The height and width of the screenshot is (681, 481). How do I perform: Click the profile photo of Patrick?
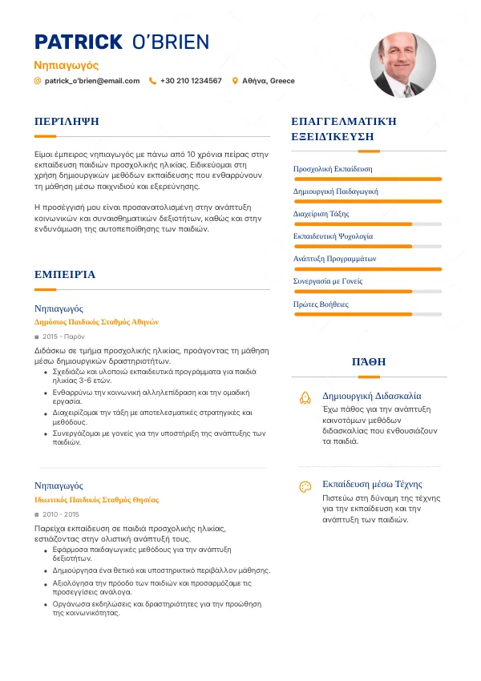[402, 65]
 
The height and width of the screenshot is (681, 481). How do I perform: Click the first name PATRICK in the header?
[78, 42]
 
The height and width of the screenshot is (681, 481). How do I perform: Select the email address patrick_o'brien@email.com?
[92, 81]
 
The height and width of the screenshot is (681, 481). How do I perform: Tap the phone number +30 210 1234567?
[191, 81]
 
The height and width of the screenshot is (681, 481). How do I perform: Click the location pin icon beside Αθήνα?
[235, 81]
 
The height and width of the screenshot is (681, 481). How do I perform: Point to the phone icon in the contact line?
[152, 81]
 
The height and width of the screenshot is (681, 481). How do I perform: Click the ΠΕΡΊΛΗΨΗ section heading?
[67, 122]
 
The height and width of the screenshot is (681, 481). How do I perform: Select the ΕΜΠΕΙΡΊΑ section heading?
[65, 275]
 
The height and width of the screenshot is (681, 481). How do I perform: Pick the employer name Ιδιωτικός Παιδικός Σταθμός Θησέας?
[96, 500]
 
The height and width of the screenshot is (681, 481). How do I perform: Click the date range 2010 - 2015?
[61, 514]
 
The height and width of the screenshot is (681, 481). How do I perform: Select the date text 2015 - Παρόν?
[63, 337]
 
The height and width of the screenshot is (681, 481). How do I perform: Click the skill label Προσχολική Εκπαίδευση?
[333, 169]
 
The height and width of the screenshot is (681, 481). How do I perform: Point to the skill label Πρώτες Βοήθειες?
[321, 304]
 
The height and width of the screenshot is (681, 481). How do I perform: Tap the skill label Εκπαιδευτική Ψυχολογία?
[333, 236]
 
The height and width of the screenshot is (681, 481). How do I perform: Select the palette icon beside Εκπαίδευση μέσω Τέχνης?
[305, 486]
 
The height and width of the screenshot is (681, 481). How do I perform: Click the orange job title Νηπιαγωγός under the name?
[67, 65]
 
